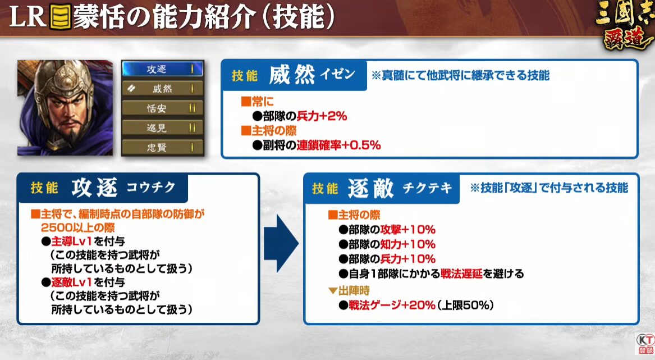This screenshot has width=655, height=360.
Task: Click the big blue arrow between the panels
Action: [281, 244]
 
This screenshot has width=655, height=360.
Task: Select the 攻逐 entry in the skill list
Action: [163, 69]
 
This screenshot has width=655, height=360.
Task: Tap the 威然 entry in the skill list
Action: [163, 89]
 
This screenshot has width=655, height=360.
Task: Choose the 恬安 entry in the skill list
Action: [163, 108]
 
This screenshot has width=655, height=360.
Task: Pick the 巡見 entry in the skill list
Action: [163, 128]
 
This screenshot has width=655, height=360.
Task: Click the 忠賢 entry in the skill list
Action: [163, 147]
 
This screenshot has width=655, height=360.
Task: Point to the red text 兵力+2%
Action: [322, 116]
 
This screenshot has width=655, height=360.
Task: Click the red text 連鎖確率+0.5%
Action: [338, 145]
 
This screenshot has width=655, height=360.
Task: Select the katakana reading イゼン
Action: [337, 75]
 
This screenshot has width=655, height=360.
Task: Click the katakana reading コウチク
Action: [151, 187]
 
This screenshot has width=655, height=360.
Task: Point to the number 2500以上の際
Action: [77, 228]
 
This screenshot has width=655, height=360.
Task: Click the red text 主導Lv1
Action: [71, 241]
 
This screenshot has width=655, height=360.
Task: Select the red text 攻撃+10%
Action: [407, 230]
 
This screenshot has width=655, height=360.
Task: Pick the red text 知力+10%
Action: [407, 244]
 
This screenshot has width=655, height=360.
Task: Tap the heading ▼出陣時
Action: [349, 290]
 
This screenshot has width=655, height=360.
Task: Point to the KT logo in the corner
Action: [645, 344]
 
